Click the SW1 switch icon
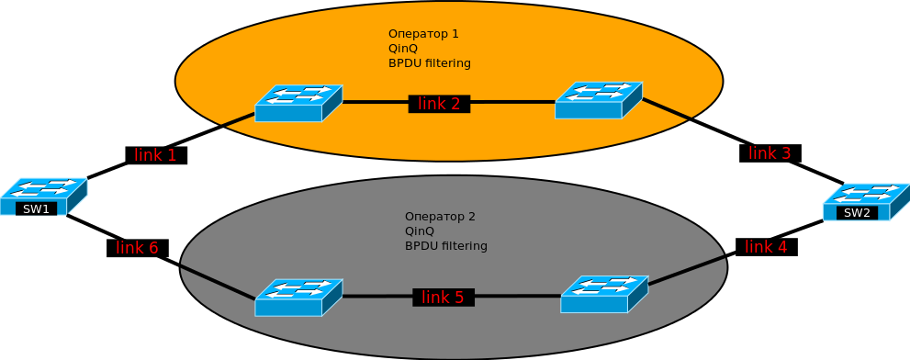pos(43,197)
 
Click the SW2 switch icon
pos(867,203)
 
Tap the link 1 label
pos(156,155)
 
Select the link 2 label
pos(439,104)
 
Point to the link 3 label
pos(770,153)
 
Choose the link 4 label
pos(766,247)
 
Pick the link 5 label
pos(444,298)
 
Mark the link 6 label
pos(138,248)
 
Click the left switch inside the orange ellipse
pos(298,104)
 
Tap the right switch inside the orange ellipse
pos(599,100)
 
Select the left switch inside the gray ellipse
pos(298,298)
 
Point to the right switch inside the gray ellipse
pos(604,295)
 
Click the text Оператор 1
pos(423,34)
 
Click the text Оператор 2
pos(440,217)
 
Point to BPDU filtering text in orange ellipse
pos(430,62)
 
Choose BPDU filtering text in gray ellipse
pos(446,245)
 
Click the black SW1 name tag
pos(37,209)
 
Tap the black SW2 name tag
pos(857,213)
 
